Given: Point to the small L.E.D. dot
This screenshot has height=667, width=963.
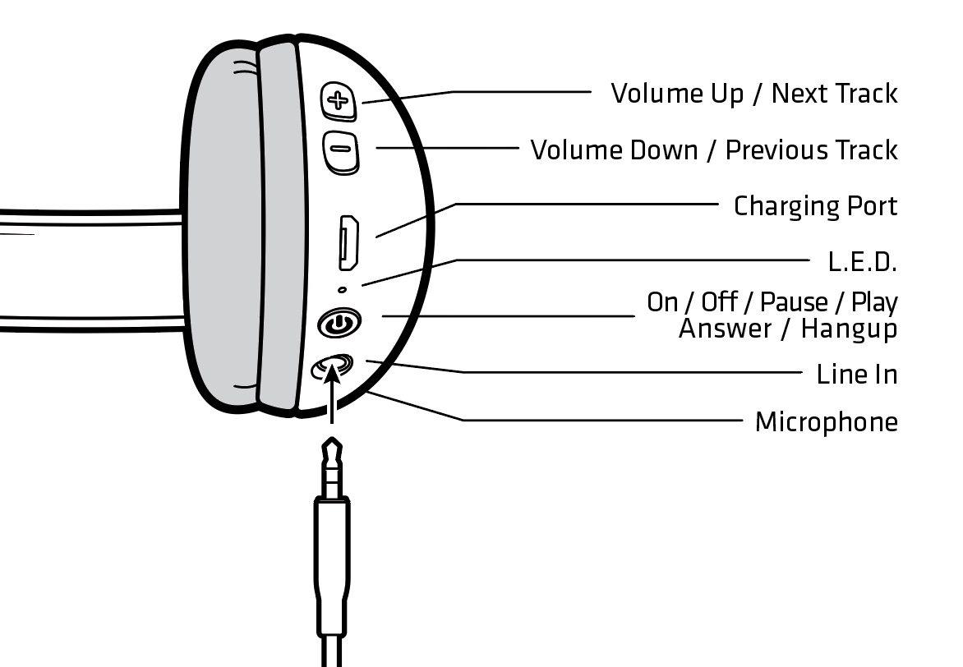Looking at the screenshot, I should [343, 288].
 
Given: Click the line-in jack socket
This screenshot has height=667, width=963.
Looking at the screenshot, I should [332, 366].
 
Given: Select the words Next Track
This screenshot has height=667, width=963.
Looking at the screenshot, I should [834, 94].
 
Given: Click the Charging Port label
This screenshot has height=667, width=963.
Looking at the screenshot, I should [815, 205].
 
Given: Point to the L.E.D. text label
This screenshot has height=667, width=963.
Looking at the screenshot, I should [862, 262].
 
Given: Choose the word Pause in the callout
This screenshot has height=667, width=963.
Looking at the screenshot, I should [794, 302].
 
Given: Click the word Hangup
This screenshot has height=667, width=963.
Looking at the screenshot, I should [849, 329].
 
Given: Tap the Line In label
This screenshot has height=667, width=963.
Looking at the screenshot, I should [857, 375].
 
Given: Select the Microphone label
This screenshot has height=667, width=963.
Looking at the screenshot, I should [826, 422].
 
